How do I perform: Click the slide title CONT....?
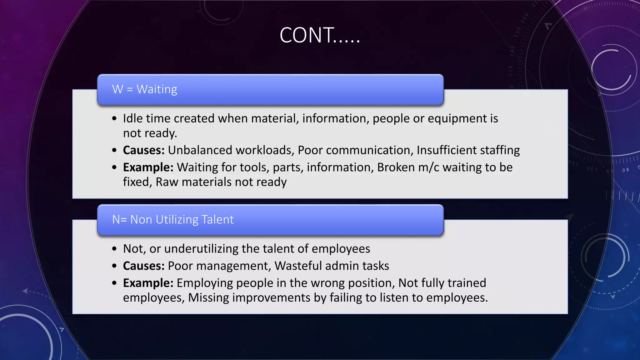coord(319,35)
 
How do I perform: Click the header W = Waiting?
coord(144,89)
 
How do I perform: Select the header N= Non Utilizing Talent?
coord(172,220)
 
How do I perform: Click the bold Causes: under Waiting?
coord(143,150)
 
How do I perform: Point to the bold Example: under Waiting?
coord(148,167)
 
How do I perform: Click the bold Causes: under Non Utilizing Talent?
coord(143,266)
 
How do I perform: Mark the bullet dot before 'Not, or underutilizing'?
coord(114,249)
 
